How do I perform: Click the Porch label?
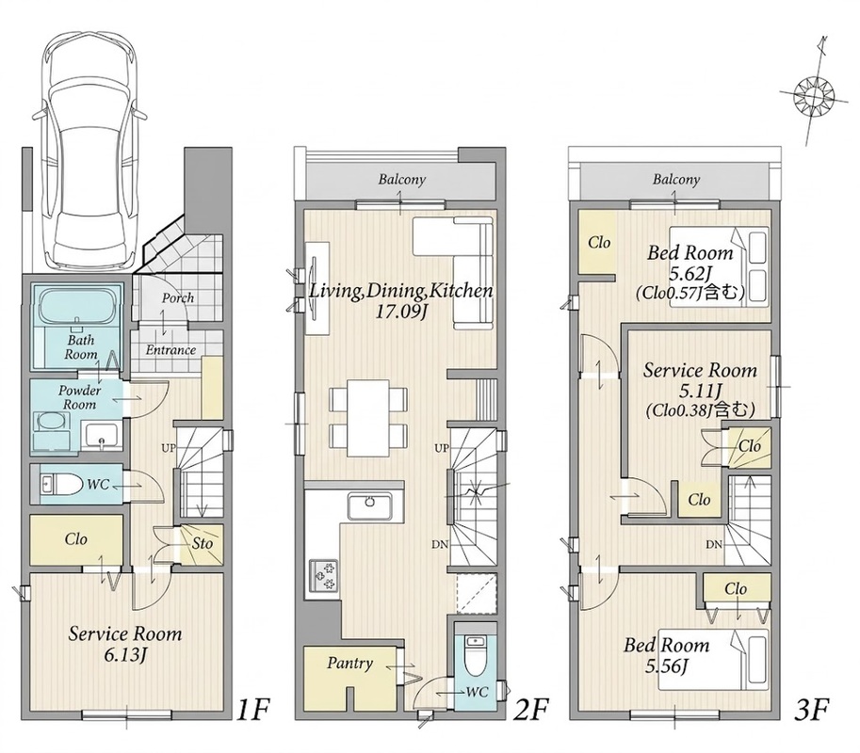click(x=178, y=297)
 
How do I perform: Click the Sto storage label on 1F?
click(x=203, y=544)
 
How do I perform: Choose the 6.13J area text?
click(x=124, y=654)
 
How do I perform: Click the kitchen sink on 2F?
click(x=369, y=505)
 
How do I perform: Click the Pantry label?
click(x=349, y=664)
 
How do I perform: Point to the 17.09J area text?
click(x=399, y=312)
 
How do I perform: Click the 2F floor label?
click(x=531, y=710)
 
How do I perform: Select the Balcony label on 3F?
click(x=675, y=179)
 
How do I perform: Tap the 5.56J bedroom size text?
click(x=666, y=665)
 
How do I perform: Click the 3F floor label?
click(x=810, y=710)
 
